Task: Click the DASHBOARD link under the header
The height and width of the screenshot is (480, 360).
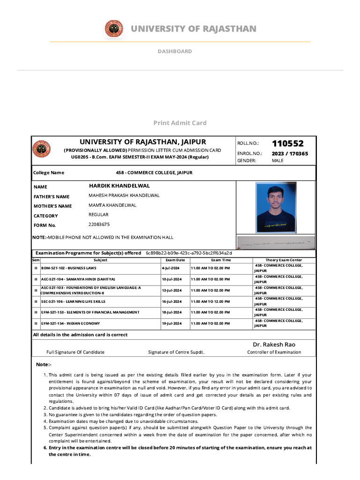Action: (x=174, y=51)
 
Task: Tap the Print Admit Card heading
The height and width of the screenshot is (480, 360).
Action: (x=180, y=123)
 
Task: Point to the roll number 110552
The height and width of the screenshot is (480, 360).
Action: (x=287, y=143)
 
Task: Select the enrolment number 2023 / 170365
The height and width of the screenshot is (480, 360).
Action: (x=290, y=153)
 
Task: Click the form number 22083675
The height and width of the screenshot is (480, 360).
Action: (x=99, y=225)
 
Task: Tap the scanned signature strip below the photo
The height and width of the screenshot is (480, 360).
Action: (x=276, y=243)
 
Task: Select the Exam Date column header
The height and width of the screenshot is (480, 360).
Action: (x=175, y=260)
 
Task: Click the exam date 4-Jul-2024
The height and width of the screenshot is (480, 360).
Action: (x=168, y=268)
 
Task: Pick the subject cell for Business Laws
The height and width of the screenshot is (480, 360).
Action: (x=69, y=268)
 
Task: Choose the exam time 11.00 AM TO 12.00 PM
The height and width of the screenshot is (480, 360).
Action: (x=210, y=301)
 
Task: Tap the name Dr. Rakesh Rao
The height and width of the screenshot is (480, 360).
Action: (x=274, y=345)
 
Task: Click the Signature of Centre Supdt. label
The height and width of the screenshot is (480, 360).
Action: (x=176, y=352)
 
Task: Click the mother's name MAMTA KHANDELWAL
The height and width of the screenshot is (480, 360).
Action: (x=112, y=205)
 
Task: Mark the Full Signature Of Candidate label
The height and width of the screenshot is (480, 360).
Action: (x=75, y=352)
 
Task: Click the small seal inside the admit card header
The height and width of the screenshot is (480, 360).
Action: (x=40, y=149)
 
